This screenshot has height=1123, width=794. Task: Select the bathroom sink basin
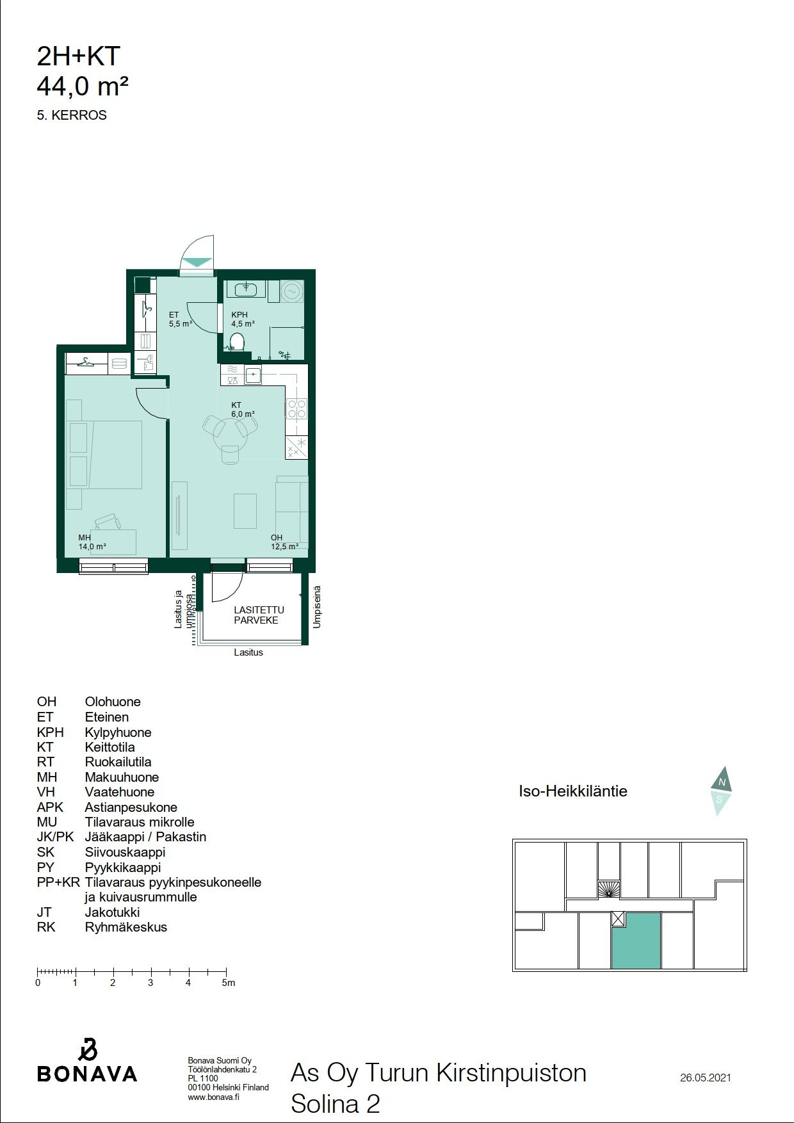pyautogui.click(x=246, y=289)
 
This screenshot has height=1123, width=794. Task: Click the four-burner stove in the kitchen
pyautogui.click(x=296, y=408)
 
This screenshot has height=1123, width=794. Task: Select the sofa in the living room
pyautogui.click(x=292, y=512)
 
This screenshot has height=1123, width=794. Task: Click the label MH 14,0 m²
pyautogui.click(x=92, y=542)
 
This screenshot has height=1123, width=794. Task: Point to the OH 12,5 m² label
pyautogui.click(x=284, y=542)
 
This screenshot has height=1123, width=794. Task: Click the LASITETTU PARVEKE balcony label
pyautogui.click(x=259, y=615)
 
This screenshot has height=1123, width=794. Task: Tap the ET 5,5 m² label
pyautogui.click(x=181, y=319)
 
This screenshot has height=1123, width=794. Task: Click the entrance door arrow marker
pyautogui.click(x=197, y=262)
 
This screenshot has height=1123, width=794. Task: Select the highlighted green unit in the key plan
pyautogui.click(x=636, y=941)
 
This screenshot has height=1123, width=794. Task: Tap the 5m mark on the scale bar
pyautogui.click(x=228, y=982)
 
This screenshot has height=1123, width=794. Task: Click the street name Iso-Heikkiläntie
pyautogui.click(x=573, y=791)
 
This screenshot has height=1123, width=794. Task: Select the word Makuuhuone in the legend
pyautogui.click(x=122, y=777)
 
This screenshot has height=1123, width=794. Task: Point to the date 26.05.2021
pyautogui.click(x=706, y=1078)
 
